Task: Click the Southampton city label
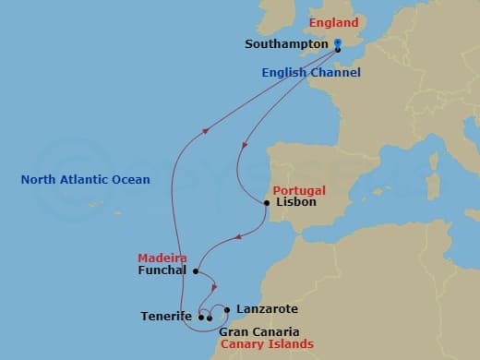tap(287, 43)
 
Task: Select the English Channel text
tap(310, 73)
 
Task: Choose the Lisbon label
tap(296, 201)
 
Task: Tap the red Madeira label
tap(162, 258)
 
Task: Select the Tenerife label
tap(167, 317)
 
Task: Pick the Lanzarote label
tap(267, 310)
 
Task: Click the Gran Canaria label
tap(258, 331)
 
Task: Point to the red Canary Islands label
tap(265, 344)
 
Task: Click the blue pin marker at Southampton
tap(338, 43)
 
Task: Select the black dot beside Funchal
tap(196, 270)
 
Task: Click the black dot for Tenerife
tap(201, 318)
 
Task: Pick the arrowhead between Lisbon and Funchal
tap(236, 237)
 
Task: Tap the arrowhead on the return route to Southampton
tap(204, 130)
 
